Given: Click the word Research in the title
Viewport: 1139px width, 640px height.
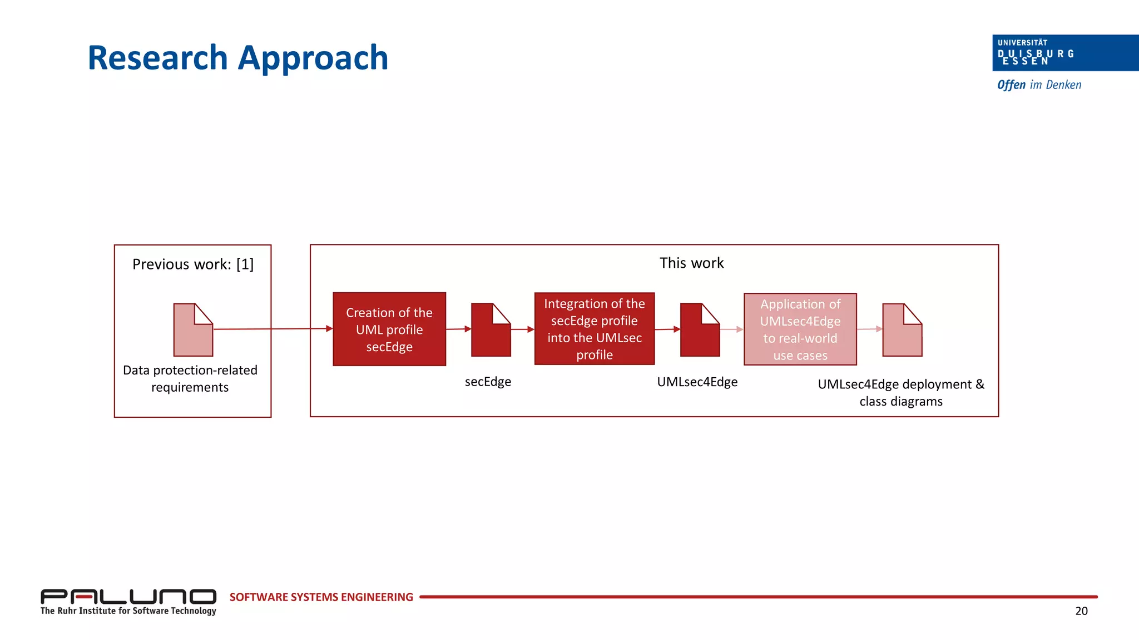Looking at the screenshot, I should (x=157, y=58).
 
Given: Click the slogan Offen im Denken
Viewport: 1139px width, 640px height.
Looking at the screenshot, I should (x=1039, y=85).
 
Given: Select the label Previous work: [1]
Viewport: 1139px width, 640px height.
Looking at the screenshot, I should (x=192, y=264).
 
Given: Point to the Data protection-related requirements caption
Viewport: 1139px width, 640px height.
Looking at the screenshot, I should (x=190, y=378).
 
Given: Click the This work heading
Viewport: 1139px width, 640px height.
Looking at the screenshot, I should (x=691, y=263).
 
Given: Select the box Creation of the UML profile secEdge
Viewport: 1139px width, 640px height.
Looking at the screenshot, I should (x=389, y=329).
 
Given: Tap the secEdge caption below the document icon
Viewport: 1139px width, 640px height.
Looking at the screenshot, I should (x=488, y=382).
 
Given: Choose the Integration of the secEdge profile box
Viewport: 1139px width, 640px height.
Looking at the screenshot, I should (x=594, y=329).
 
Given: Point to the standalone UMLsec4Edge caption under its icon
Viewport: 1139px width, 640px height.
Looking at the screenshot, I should (x=697, y=382).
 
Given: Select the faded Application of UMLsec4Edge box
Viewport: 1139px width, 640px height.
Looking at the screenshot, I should (x=800, y=329).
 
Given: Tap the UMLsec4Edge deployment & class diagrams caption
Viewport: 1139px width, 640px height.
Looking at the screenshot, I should (x=900, y=392).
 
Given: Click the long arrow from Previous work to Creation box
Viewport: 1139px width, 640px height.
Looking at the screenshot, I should (x=273, y=329).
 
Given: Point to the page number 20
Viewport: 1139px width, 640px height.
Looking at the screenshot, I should (x=1081, y=611).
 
